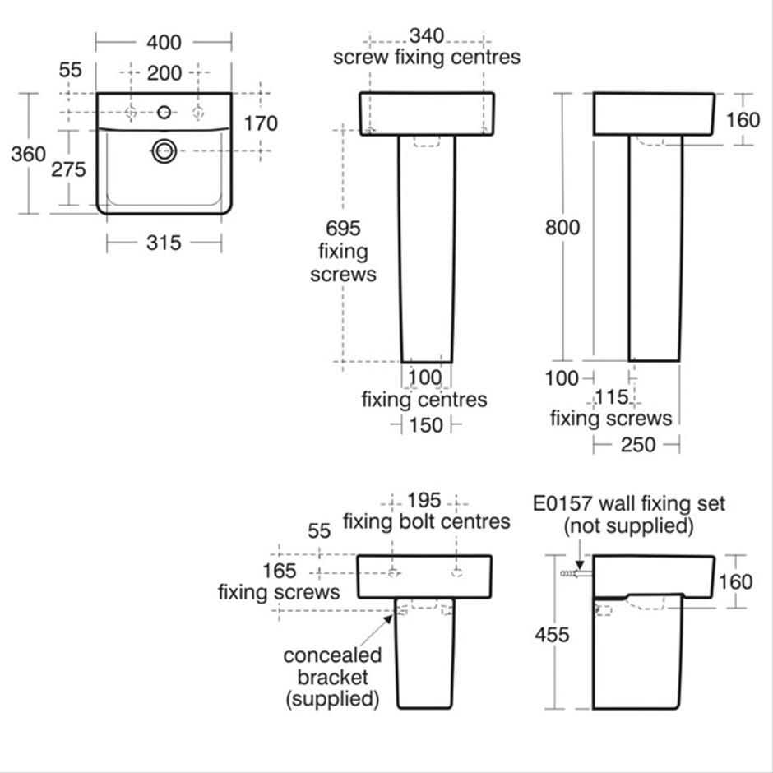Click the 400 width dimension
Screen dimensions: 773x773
[x=164, y=40]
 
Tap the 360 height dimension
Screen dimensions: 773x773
[x=28, y=154]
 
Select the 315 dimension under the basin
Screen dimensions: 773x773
[x=164, y=242]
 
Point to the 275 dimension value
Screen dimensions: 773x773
[x=68, y=169]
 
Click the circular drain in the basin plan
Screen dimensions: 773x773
[x=164, y=150]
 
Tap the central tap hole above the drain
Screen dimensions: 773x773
[x=164, y=112]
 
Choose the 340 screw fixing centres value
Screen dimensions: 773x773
[x=427, y=35]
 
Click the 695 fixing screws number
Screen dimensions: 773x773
[x=343, y=228]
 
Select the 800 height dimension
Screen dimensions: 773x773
[x=562, y=228]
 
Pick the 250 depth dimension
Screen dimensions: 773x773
[x=637, y=444]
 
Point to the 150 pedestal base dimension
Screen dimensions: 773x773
[x=425, y=425]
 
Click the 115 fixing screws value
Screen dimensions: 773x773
[x=611, y=397]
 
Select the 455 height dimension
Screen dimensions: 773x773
[x=551, y=635]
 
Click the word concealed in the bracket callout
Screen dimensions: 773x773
[x=332, y=655]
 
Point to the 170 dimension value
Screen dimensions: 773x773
[x=262, y=123]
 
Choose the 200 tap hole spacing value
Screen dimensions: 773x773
[x=164, y=73]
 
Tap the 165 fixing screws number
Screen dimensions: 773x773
[x=280, y=571]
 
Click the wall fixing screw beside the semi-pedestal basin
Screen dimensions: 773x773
[x=568, y=573]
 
